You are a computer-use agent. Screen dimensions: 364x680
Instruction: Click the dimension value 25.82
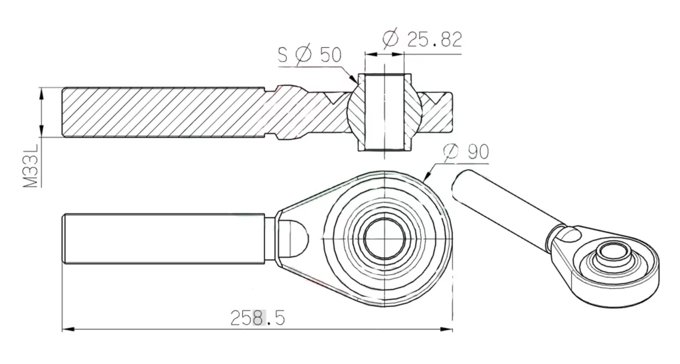pos(434,39)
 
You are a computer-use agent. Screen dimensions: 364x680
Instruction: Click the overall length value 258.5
pos(258,318)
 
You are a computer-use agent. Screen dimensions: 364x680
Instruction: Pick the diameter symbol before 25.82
pos(392,39)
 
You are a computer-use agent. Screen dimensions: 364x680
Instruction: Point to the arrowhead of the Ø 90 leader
pos(426,179)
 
